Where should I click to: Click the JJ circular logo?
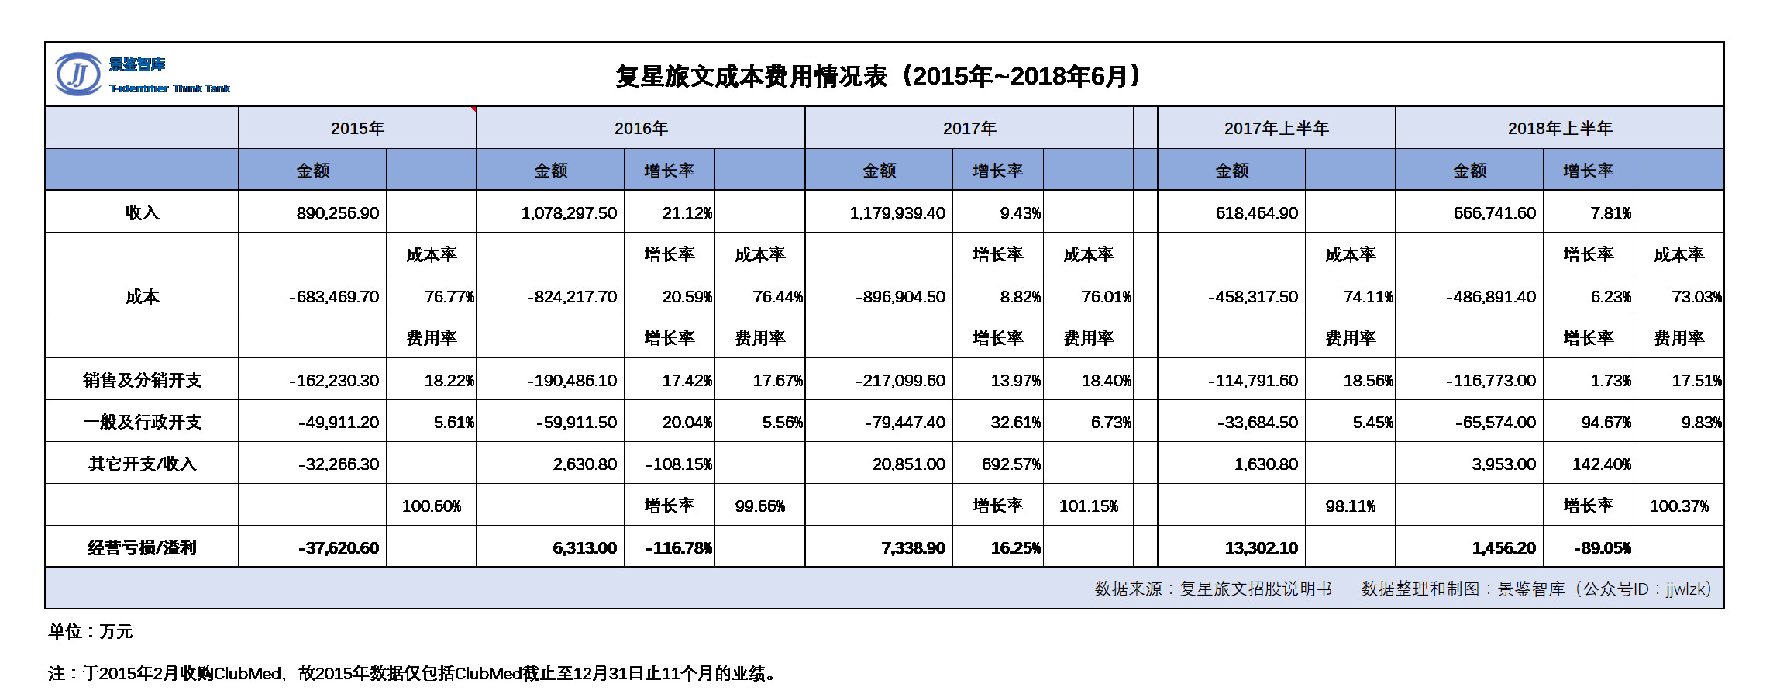[78, 74]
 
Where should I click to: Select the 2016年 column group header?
[641, 128]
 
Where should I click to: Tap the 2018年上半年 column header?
[1560, 128]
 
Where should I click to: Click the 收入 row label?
[142, 212]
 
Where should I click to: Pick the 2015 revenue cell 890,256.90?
[338, 212]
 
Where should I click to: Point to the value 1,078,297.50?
[569, 212]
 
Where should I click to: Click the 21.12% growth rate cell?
[687, 212]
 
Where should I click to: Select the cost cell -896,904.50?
[900, 296]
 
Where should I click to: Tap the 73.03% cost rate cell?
[1697, 296]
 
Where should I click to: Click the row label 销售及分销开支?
[142, 380]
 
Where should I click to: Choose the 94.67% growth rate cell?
[1606, 422]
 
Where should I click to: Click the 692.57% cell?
[1011, 464]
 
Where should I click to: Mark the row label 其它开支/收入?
[142, 464]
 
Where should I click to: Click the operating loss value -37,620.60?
[339, 547]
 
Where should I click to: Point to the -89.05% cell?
[1603, 547]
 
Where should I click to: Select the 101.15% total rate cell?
[1089, 506]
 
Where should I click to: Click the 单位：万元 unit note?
[91, 631]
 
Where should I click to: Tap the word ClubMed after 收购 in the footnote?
[247, 673]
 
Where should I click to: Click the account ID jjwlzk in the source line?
[1686, 589]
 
